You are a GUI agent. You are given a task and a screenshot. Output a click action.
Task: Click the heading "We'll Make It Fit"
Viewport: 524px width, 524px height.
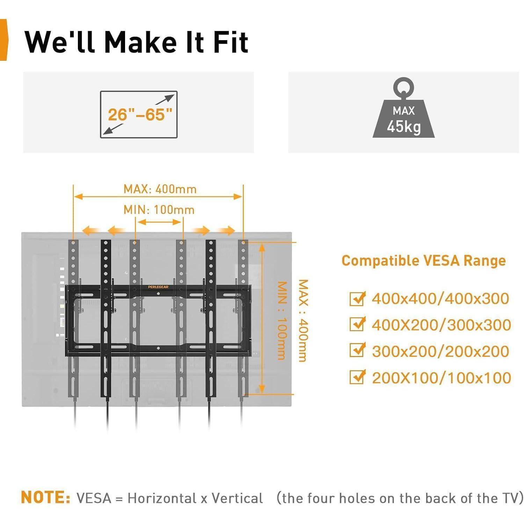(136, 42)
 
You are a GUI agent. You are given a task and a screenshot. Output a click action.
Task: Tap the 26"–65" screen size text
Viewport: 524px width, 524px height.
(140, 115)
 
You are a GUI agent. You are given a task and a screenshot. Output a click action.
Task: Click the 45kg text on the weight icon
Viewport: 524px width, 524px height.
(403, 126)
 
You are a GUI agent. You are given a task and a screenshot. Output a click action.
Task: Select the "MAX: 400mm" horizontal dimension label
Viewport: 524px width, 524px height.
(160, 189)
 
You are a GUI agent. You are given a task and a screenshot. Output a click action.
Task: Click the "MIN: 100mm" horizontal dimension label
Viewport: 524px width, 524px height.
(159, 210)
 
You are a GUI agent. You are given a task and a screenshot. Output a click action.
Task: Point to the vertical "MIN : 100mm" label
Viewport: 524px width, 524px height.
(282, 320)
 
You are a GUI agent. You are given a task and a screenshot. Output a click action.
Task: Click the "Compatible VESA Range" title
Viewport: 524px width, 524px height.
(423, 261)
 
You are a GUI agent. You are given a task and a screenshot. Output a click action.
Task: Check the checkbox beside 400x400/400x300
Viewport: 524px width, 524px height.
(357, 299)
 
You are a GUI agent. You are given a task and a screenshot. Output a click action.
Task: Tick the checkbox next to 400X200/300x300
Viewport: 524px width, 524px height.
(357, 325)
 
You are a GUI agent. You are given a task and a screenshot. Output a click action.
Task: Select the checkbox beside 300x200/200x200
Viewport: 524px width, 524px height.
(357, 351)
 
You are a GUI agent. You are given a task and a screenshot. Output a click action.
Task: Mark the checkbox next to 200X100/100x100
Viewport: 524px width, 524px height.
(357, 377)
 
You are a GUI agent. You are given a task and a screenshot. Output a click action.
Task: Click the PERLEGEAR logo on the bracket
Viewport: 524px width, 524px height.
(158, 287)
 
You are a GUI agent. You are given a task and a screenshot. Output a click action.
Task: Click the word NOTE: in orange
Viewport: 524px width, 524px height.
(46, 497)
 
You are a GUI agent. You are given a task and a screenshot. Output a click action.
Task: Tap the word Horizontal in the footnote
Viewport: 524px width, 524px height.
(162, 498)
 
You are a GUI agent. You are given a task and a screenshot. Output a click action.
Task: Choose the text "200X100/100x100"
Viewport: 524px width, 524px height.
(441, 378)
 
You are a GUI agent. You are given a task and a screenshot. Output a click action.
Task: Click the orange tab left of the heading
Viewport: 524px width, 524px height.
(3, 40)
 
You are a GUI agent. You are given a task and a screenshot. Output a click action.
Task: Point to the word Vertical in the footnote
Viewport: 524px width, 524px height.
(237, 498)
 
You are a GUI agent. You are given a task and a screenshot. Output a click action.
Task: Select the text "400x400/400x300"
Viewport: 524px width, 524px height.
(440, 299)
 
